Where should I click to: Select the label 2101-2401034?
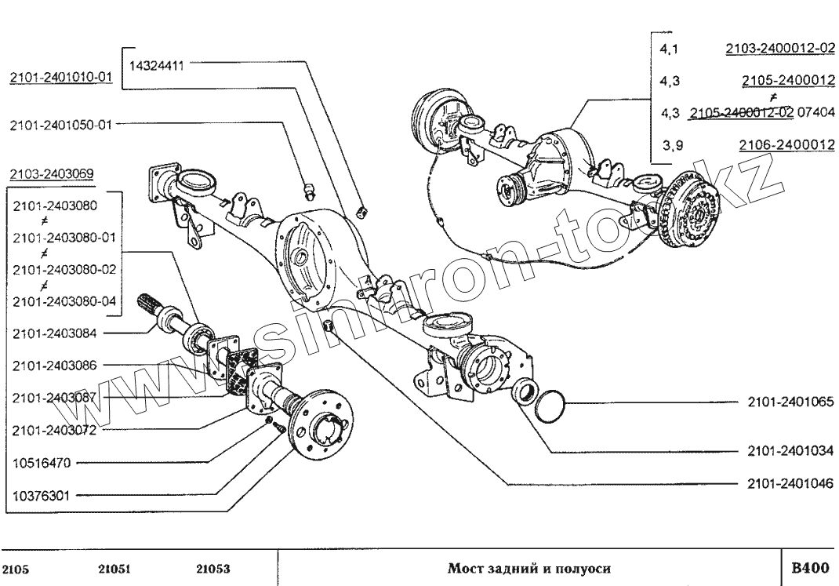(x=786, y=452)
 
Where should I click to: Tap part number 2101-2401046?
(x=786, y=482)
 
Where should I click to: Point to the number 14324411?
(x=155, y=67)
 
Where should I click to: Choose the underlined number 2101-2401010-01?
(x=60, y=78)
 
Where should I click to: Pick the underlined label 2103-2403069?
(x=50, y=173)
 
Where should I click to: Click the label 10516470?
(x=42, y=463)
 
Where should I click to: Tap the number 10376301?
(x=42, y=495)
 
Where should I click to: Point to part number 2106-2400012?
(x=786, y=145)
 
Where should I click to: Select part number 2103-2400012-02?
(x=779, y=48)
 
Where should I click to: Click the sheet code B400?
(x=810, y=567)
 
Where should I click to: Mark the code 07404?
(x=815, y=112)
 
